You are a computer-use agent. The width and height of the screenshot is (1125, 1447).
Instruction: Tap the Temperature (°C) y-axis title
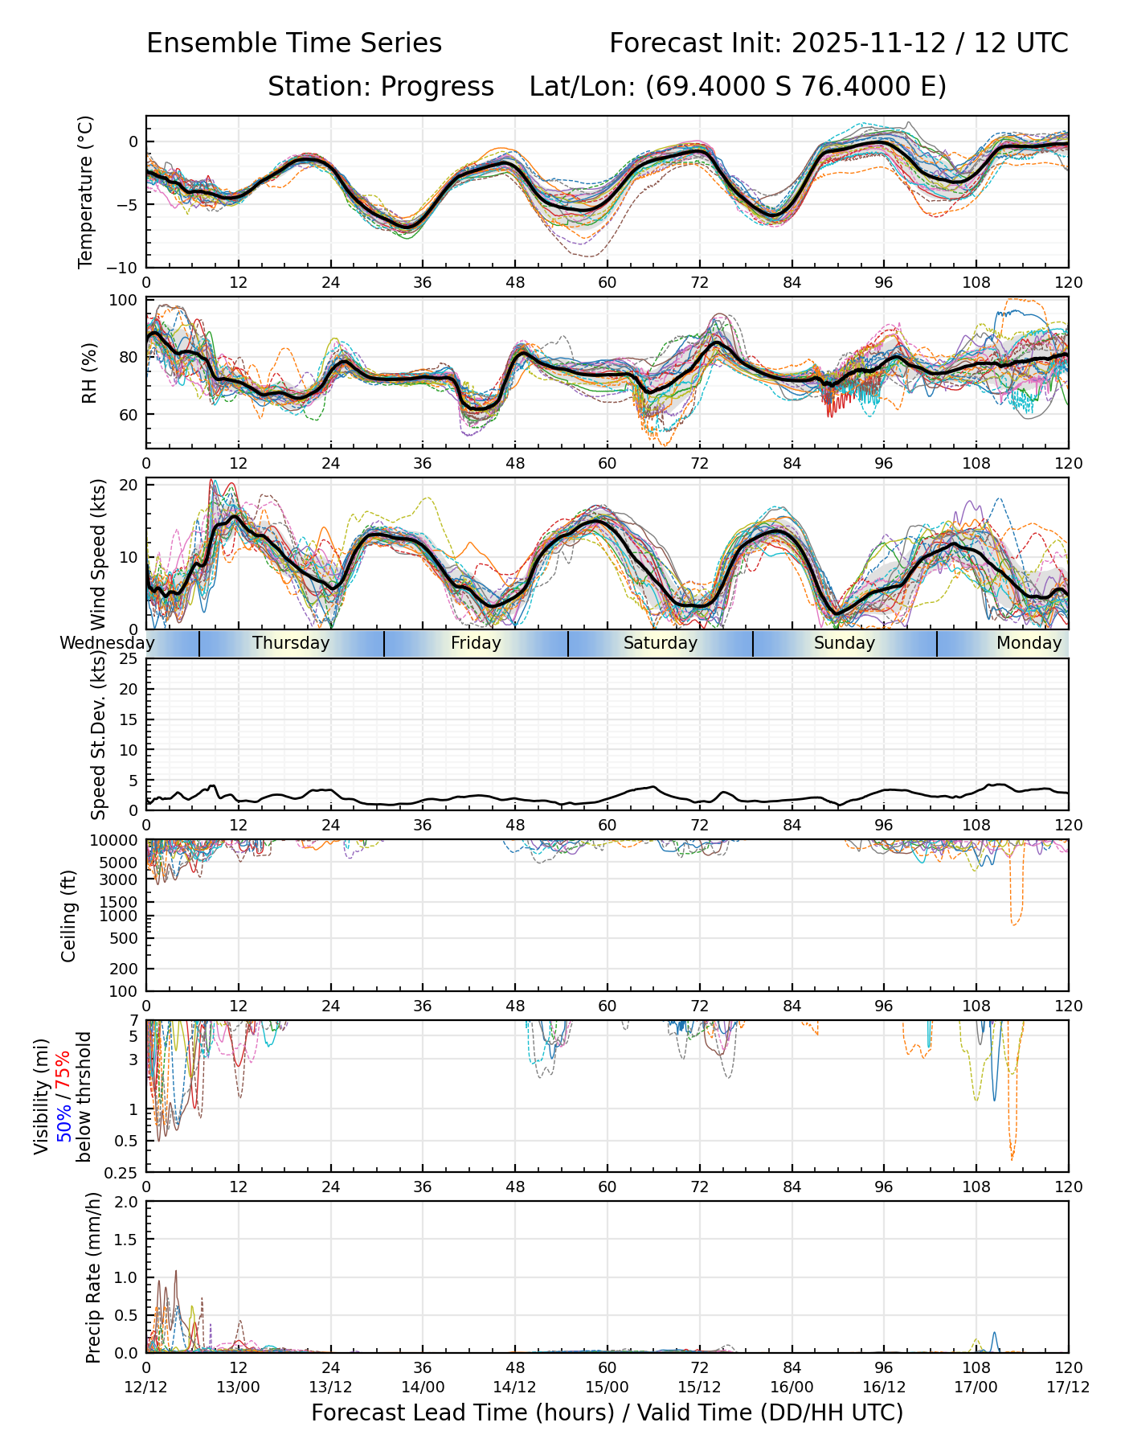point(86,191)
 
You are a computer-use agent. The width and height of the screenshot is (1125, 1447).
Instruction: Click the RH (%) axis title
point(89,373)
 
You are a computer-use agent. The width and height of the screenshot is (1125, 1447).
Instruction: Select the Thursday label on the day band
point(291,643)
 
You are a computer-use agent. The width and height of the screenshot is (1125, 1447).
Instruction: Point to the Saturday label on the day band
point(661,643)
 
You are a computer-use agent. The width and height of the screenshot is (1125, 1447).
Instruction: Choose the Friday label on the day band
point(476,643)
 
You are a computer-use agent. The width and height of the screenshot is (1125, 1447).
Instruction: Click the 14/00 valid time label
point(423,1388)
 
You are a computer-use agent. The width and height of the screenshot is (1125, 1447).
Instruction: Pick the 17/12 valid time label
point(1068,1388)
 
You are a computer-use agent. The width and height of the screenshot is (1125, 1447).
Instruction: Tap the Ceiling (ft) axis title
point(69,916)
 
